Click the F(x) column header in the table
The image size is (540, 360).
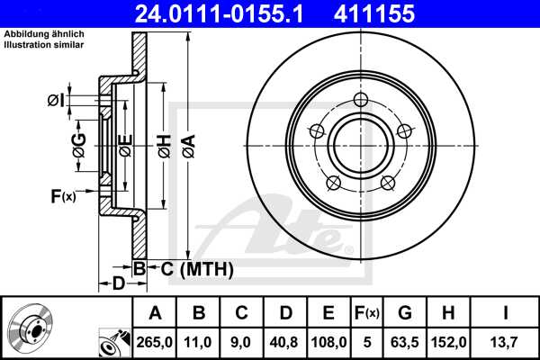pyautogui.click(x=367, y=313)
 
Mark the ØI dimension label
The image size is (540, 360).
pyautogui.click(x=57, y=100)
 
